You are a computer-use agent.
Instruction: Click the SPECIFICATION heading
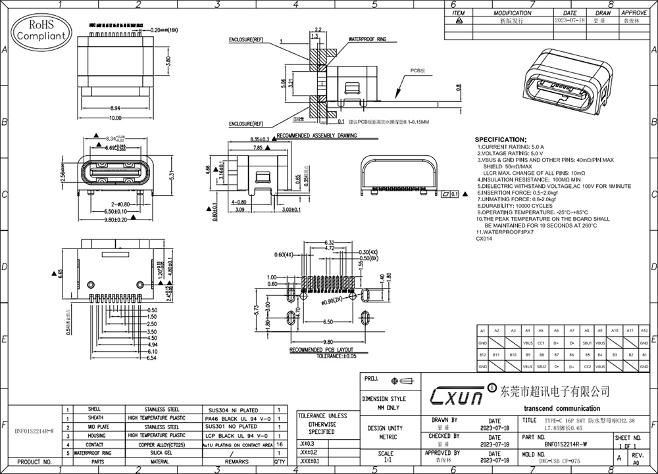pyautogui.click(x=500, y=140)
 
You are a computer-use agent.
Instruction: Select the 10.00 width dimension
pyautogui.click(x=115, y=117)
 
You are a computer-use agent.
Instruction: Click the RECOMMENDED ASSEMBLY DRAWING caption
pyautogui.click(x=317, y=135)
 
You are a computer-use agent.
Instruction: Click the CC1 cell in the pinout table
pyautogui.click(x=541, y=343)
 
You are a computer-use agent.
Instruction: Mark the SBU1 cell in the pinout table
pyautogui.click(x=586, y=343)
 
